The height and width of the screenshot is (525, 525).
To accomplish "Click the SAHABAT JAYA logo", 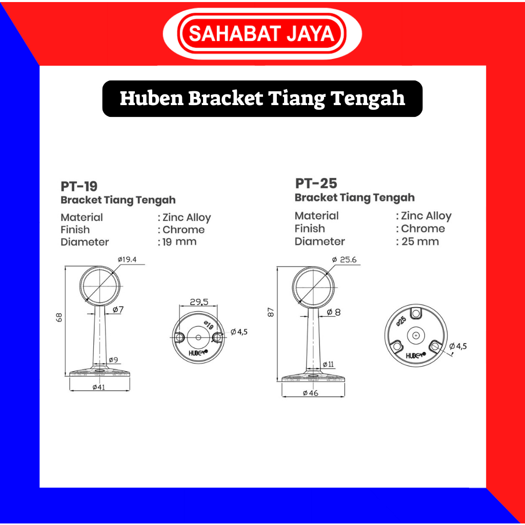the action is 262,33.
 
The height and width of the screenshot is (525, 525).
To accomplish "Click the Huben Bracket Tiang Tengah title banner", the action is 262,99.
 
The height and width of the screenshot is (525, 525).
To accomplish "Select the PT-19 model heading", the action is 79,186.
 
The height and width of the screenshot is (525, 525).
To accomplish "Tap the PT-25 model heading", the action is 316,184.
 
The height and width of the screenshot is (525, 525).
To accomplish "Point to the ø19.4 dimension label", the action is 127,259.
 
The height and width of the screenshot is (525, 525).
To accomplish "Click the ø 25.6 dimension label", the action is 344,260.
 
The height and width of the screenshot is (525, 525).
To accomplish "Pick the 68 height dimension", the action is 59,317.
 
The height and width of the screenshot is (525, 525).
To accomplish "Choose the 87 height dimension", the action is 271,312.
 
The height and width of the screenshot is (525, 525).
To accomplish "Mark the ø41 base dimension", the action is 99,387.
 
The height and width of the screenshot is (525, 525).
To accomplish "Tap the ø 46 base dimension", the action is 310,393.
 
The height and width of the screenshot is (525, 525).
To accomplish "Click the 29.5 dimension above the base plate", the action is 199,302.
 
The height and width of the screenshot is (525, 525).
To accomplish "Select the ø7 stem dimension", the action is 118,310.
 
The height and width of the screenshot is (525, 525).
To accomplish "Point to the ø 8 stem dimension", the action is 333,312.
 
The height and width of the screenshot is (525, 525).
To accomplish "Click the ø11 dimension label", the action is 328,365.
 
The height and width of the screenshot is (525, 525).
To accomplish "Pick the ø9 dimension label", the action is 113,360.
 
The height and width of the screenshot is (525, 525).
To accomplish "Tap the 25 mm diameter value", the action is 420,241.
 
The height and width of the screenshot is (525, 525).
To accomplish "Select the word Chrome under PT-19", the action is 184,230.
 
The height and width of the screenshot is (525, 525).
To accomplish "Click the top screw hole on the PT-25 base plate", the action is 416,313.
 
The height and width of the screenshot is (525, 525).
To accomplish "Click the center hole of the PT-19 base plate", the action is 198,337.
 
